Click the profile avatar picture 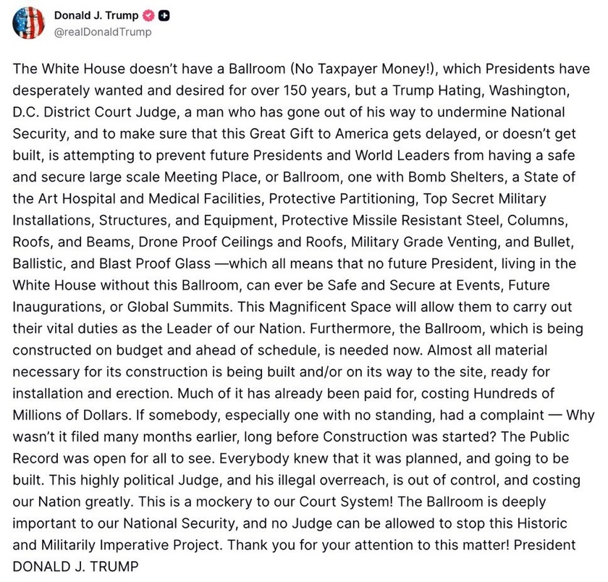(x=28, y=23)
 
